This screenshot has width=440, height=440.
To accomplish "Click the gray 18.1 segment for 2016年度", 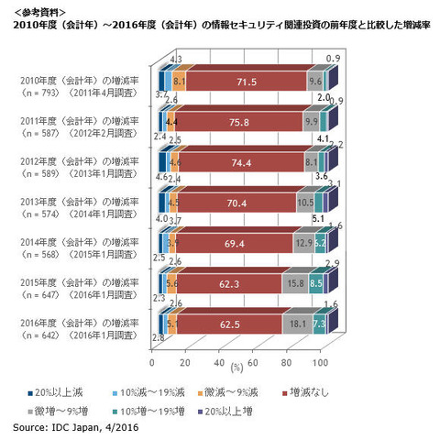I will click(295, 324).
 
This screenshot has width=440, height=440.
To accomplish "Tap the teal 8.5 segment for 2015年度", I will click(315, 284).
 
